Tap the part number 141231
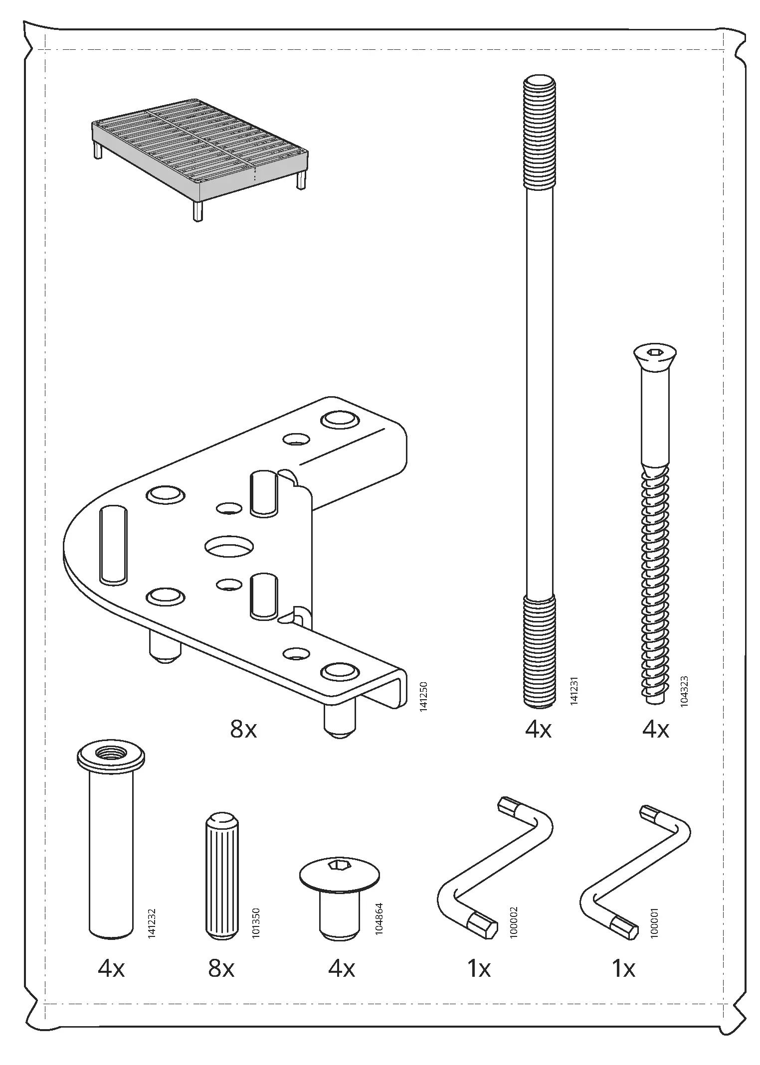tap(574, 690)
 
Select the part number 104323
tap(684, 690)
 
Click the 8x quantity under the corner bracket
tap(243, 730)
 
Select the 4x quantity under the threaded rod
tap(538, 730)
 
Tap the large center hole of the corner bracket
tap(229, 546)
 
